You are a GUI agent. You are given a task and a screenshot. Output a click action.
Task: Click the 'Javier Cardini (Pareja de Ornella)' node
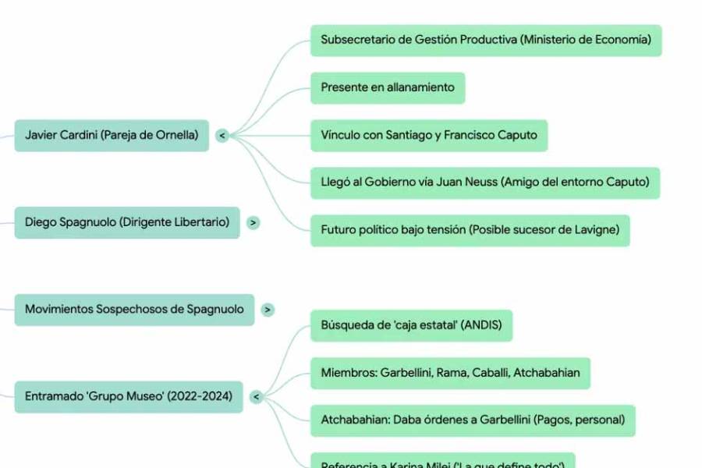[112, 135]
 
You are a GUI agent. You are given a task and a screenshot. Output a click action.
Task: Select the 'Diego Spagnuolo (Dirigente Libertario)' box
[127, 222]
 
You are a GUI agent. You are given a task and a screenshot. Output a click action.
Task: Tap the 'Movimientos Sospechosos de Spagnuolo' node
[134, 310]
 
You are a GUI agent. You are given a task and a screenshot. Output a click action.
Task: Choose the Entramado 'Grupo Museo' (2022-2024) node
[129, 396]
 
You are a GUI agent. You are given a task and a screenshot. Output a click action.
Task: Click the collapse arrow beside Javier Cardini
[222, 136]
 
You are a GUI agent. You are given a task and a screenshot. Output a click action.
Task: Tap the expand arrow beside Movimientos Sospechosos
[268, 310]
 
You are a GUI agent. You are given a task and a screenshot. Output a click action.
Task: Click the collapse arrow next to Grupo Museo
[256, 397]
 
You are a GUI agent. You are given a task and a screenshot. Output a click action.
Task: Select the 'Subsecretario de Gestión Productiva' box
[485, 40]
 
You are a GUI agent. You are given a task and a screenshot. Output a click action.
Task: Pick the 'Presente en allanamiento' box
[387, 87]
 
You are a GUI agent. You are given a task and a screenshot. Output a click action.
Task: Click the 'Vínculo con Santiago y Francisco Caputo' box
[428, 135]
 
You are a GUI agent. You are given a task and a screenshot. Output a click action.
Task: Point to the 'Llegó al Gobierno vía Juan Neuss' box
[484, 183]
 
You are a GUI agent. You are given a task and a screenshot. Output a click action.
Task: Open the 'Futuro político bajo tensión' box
[470, 230]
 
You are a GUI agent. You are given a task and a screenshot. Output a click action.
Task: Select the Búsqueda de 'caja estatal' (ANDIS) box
[411, 324]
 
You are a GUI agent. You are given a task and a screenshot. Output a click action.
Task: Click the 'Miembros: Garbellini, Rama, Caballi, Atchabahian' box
[450, 373]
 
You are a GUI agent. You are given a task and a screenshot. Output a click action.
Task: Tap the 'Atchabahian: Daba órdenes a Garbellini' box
[473, 420]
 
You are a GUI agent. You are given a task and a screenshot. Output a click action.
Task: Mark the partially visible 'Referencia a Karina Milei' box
[442, 462]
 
